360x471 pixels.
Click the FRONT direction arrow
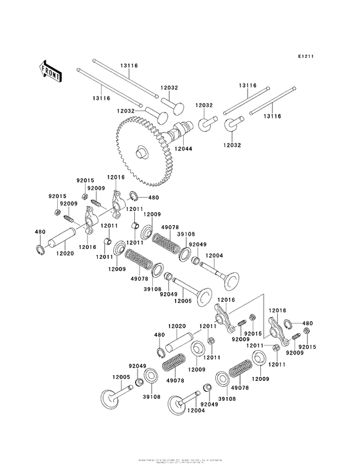coord(50,69)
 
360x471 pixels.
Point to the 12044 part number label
coord(183,149)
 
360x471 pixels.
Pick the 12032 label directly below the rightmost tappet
coord(232,145)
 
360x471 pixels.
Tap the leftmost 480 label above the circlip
coord(40,232)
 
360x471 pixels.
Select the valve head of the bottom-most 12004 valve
coord(176,406)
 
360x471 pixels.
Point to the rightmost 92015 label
coord(309,347)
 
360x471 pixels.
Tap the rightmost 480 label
coord(307,324)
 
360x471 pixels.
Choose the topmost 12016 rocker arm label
coord(116,177)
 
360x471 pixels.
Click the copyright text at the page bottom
coord(180,461)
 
